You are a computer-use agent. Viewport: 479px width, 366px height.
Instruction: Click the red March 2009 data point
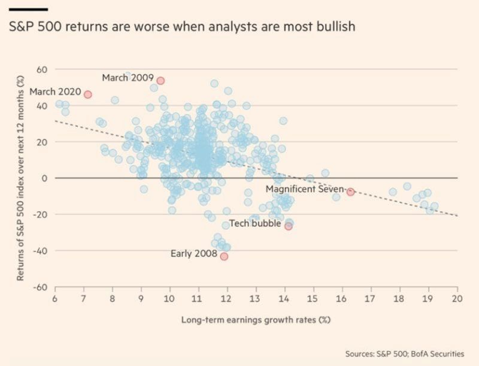tap(160, 81)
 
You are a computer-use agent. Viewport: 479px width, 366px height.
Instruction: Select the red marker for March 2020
tap(87, 94)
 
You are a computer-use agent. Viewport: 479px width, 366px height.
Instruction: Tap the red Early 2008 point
tap(224, 257)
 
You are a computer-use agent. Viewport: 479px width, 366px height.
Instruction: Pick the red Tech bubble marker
tap(288, 226)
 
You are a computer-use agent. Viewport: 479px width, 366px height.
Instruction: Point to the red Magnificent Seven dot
tap(350, 192)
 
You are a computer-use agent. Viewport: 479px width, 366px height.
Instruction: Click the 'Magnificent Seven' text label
tap(305, 189)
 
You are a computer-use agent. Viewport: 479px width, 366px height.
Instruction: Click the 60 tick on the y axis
tap(42, 69)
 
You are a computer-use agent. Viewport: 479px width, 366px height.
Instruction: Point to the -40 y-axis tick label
tap(40, 251)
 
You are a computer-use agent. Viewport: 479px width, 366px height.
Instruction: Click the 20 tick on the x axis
tap(457, 298)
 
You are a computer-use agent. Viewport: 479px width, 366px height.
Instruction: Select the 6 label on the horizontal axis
tap(55, 298)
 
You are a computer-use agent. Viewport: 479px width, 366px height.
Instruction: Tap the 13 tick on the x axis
tap(256, 298)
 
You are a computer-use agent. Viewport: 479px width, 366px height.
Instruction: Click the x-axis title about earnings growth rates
tap(256, 319)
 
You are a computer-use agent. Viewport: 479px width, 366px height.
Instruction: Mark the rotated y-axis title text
tap(20, 178)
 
